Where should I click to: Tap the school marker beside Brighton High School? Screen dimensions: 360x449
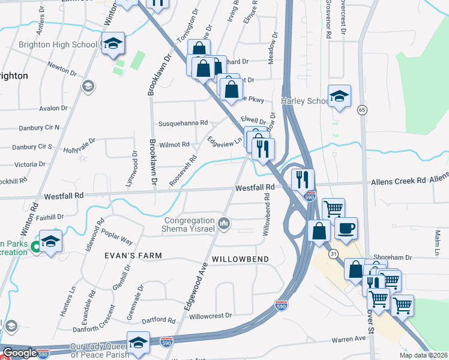point(112,44)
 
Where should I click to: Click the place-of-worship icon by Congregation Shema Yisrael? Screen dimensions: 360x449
point(224,224)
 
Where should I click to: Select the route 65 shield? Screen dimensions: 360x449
point(362,110)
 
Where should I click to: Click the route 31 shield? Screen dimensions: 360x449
point(333,254)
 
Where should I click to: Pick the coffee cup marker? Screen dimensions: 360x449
point(346,228)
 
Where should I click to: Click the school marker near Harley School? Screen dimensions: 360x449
point(339,96)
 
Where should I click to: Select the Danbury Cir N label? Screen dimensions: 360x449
point(35,127)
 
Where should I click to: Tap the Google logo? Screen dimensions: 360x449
point(19,353)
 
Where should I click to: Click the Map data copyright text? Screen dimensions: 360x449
point(424,355)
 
